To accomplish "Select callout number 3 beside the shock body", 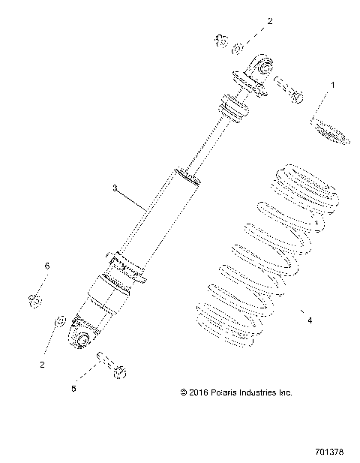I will click(115, 190).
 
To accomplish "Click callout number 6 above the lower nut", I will click(47, 266).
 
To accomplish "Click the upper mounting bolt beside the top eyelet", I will click(287, 89).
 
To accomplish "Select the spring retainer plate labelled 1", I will click(329, 127).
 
